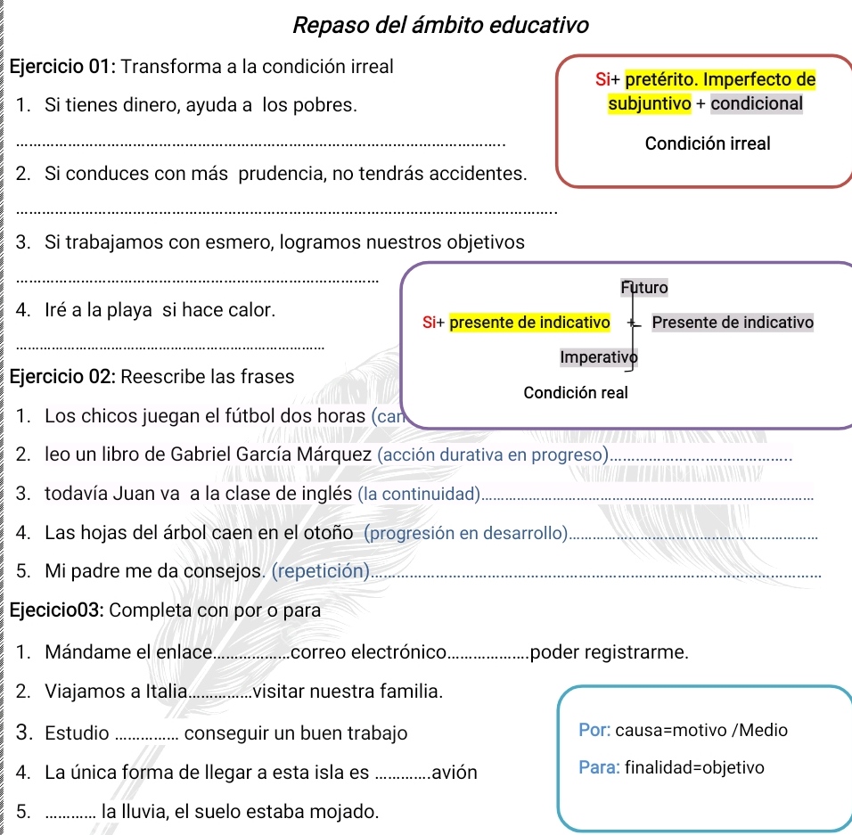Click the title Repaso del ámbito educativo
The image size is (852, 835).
440,25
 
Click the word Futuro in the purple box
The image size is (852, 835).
643,288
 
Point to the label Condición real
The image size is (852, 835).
576,392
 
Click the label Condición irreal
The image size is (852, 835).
708,143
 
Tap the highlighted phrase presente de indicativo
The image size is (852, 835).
529,322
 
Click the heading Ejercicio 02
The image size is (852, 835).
61,376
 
